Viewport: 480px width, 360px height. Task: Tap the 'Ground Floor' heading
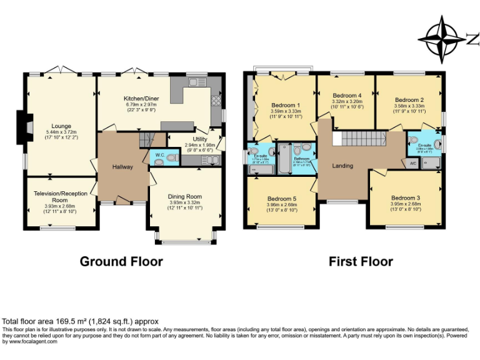[121, 261]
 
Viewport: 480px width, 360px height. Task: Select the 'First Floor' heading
[361, 261]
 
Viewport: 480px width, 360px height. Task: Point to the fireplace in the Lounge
[24, 124]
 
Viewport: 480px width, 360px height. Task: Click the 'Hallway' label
[122, 167]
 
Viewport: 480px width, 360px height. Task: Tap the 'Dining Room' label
[185, 196]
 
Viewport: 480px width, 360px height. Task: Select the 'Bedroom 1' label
[286, 104]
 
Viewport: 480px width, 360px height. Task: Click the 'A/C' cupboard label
[412, 163]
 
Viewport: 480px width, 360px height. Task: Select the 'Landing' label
[342, 166]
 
